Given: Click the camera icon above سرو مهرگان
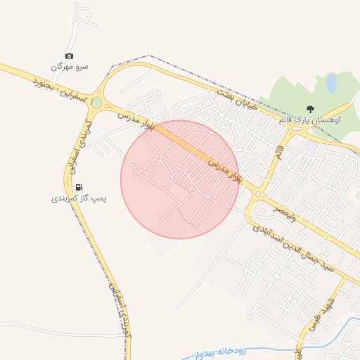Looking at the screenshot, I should point(69,56).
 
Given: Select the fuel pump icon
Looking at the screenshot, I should point(79,187).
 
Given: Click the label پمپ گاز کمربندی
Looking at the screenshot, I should point(79,199).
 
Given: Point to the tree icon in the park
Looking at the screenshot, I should point(310,108).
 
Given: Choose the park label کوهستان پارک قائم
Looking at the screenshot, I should point(310,120).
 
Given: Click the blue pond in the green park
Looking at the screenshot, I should point(331,84).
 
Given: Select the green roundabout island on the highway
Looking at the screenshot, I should point(96,103).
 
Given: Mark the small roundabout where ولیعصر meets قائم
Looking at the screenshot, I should point(257,195).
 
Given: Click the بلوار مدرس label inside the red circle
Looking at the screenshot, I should point(221,165).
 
